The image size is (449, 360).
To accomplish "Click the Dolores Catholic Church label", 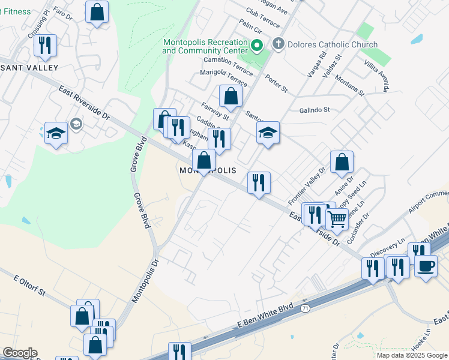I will (x=332, y=44).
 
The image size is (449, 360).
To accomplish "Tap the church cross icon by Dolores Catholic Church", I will (x=278, y=44).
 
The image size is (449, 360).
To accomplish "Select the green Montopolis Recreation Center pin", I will (x=256, y=46).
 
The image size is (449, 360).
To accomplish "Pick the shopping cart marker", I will (x=337, y=220).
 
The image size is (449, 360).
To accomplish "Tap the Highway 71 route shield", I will (x=306, y=308).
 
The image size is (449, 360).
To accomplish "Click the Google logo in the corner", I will (x=19, y=353).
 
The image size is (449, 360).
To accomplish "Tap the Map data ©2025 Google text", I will (x=412, y=355).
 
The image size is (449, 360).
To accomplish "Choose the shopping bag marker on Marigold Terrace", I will (x=231, y=96).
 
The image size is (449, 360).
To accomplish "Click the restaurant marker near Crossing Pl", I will (x=45, y=45).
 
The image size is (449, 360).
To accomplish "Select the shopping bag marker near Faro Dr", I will (x=97, y=12).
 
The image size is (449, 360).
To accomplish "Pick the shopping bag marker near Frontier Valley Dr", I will (x=342, y=162).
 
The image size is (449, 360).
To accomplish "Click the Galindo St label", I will (x=315, y=110).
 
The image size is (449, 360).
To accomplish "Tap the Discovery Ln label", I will (x=388, y=246).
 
